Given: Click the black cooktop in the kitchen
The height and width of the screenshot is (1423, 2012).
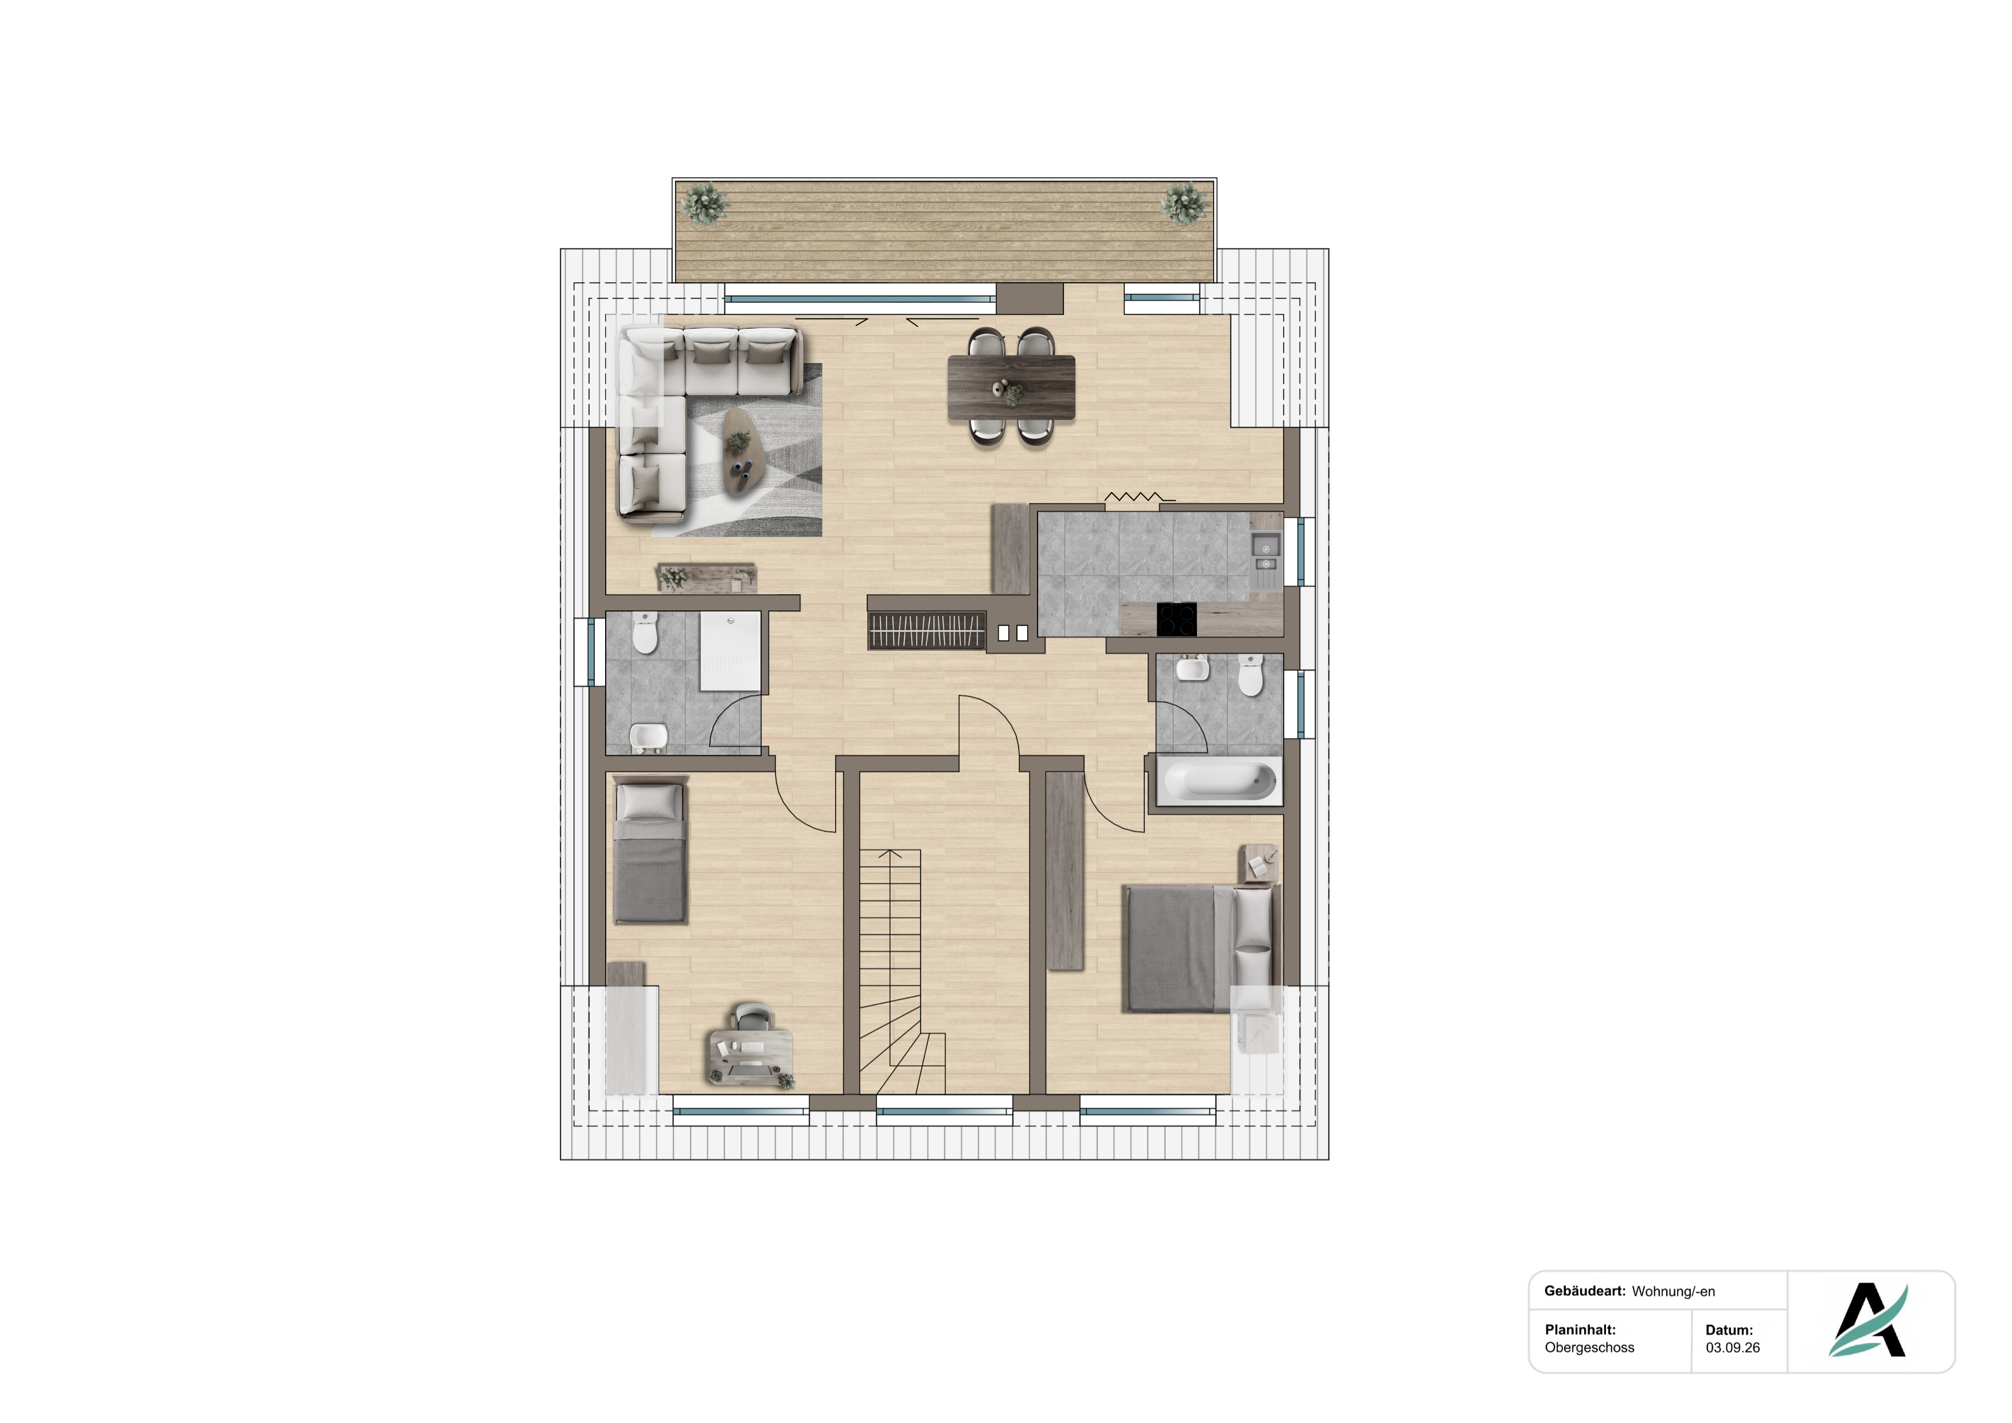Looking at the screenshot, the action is coord(1177,619).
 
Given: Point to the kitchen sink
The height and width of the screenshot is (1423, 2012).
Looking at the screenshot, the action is coord(1265,555).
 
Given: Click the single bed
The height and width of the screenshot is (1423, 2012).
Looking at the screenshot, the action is coord(649,852).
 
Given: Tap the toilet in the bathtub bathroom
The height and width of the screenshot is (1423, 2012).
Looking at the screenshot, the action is coord(1250,676).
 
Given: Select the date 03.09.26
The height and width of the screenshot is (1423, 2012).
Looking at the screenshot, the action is coord(1733,1348).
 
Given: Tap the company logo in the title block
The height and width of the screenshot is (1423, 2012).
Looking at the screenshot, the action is coord(1869,1320).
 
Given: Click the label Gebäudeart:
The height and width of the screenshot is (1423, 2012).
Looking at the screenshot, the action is coord(1584,1291).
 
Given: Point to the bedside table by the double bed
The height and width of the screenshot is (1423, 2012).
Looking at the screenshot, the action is coord(1262,866).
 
